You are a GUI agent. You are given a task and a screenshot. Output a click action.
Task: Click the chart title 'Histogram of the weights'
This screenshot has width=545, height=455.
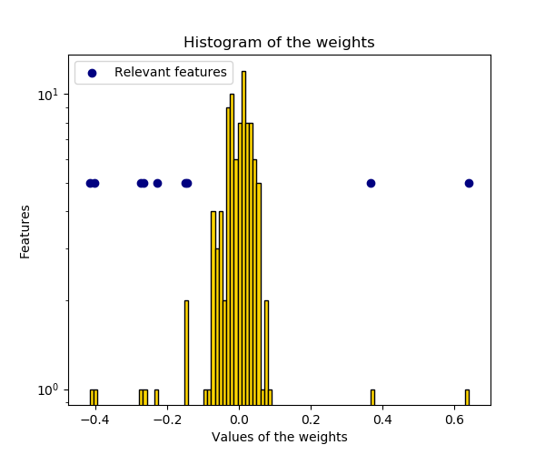(279, 43)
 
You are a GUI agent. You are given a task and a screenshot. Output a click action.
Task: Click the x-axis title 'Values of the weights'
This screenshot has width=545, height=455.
(279, 437)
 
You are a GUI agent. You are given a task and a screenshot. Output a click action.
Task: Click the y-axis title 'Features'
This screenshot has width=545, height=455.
(26, 231)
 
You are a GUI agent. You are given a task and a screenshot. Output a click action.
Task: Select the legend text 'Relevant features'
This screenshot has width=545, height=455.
(170, 73)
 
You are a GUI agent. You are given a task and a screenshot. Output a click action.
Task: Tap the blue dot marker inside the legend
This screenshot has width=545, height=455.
(92, 73)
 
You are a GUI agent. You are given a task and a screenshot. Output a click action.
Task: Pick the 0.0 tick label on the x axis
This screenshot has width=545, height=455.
(238, 420)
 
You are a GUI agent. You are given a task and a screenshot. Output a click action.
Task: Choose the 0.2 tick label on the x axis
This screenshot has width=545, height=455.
(311, 420)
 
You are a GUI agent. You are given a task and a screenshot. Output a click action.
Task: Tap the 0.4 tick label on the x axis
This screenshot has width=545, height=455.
(382, 420)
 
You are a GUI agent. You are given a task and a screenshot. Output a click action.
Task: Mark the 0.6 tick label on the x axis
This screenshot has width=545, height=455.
(455, 420)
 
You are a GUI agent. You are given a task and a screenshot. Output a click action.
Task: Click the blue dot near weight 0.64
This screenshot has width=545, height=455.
(469, 183)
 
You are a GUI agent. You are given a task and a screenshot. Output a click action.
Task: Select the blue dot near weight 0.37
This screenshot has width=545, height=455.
(371, 183)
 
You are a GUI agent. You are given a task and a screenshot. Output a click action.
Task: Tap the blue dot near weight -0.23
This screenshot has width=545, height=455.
(157, 183)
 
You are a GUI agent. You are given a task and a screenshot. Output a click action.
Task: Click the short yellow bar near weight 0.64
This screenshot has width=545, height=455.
(467, 397)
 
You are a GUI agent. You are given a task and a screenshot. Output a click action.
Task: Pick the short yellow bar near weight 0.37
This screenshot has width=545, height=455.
(372, 397)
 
